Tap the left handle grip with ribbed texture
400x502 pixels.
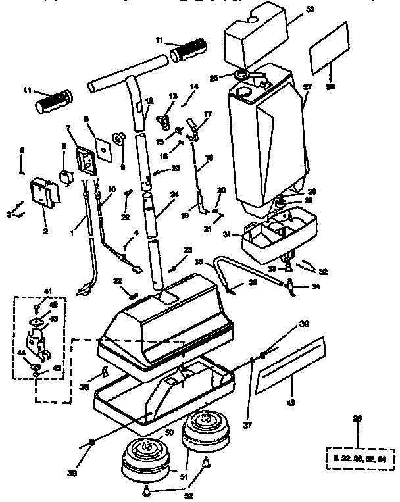tap(55, 101)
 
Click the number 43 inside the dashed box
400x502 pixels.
tap(53, 318)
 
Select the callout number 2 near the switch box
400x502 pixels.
tap(45, 231)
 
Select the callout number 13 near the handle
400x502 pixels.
tap(173, 97)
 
